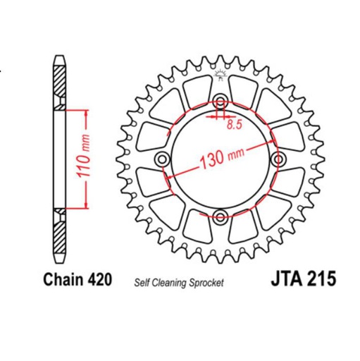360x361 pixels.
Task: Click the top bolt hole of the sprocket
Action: click(220, 101)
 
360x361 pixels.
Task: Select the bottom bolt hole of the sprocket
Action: click(220, 215)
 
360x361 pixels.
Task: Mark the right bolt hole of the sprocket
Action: click(277, 158)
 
